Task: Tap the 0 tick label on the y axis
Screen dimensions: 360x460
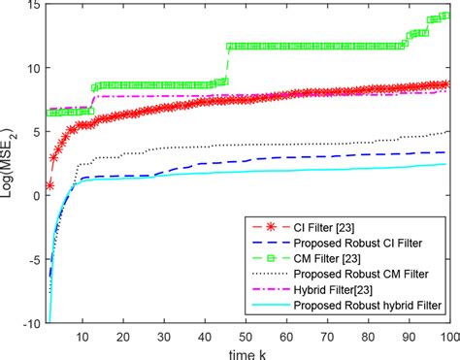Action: click(x=35, y=196)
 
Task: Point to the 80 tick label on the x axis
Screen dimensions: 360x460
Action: click(x=367, y=336)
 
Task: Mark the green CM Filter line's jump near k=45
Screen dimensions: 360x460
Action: click(x=227, y=64)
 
